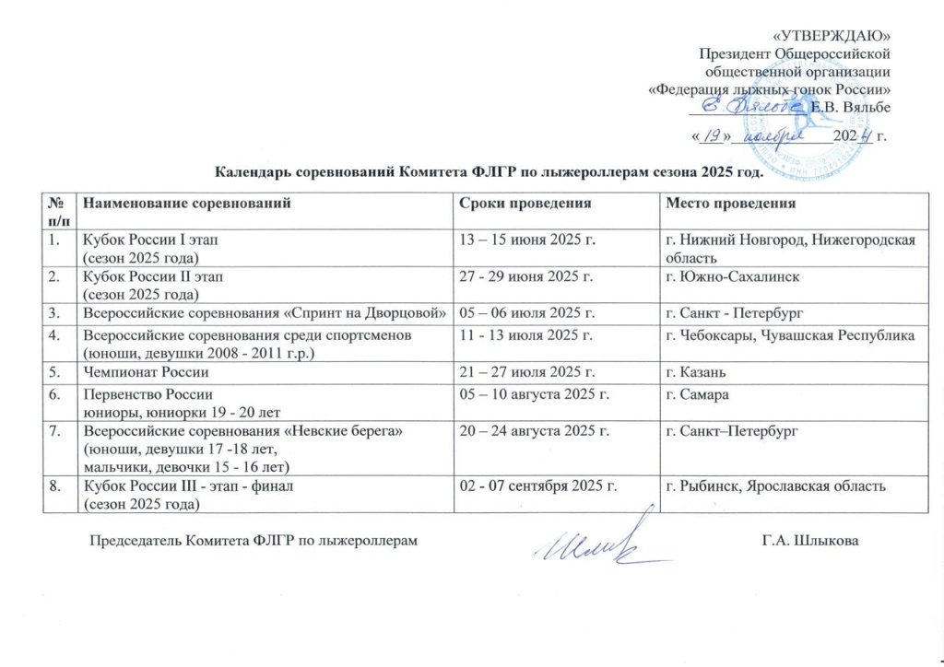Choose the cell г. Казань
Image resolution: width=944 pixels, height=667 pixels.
point(698,372)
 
